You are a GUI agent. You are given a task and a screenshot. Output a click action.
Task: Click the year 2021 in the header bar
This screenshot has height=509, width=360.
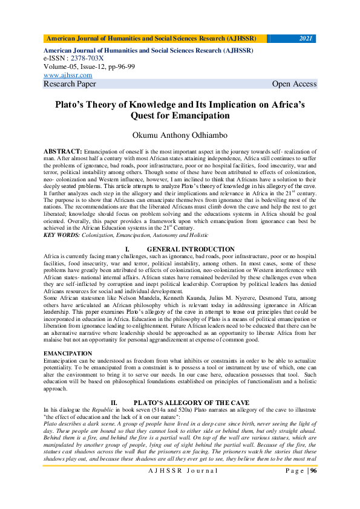(306, 39)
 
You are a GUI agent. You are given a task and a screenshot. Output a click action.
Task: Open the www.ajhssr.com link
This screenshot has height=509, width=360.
(68, 76)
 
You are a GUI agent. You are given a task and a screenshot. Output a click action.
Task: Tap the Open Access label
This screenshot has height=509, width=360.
(294, 84)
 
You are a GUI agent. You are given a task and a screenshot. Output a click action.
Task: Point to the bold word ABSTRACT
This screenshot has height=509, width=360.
(63, 149)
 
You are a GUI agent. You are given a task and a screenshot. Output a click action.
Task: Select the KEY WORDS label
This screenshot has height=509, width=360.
(63, 234)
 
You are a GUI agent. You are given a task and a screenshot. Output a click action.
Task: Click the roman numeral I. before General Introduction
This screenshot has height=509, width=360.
(127, 249)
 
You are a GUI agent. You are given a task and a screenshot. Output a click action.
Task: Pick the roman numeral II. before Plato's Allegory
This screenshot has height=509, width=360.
(113, 402)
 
